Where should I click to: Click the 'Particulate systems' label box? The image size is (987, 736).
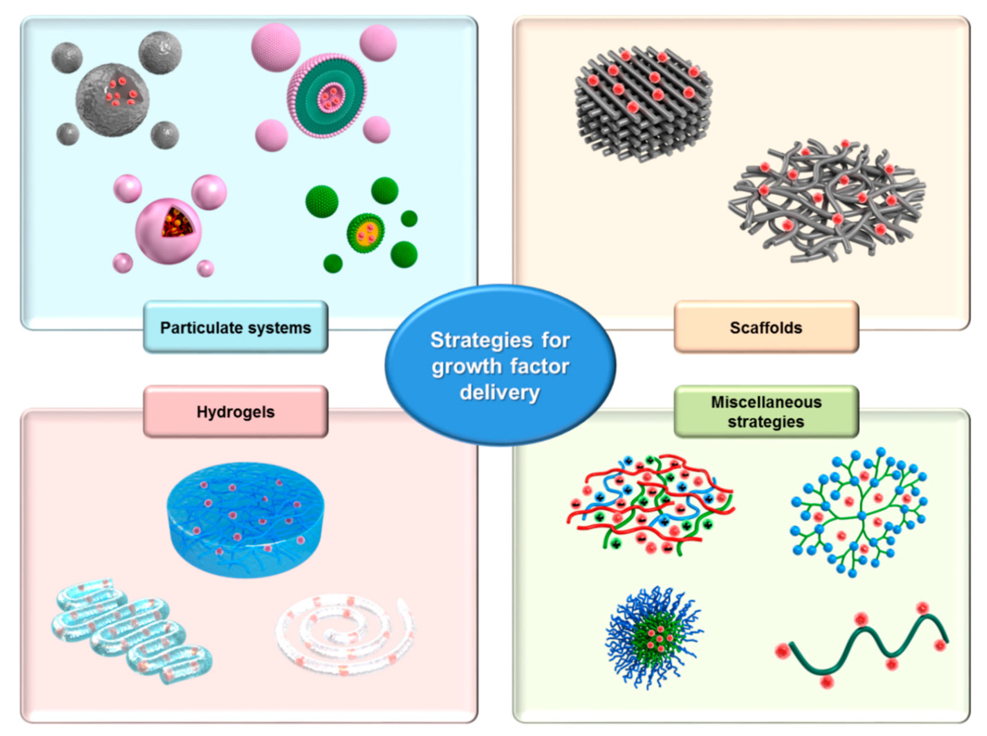(x=235, y=327)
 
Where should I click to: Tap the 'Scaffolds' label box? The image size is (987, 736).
(x=766, y=327)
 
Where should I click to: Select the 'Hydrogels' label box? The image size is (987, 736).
(x=235, y=412)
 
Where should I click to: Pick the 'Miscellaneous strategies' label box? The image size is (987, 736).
(x=766, y=412)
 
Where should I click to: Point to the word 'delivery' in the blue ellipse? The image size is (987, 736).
(x=499, y=393)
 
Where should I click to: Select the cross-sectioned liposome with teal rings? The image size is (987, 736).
(x=327, y=95)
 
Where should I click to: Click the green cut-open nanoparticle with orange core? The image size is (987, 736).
(x=366, y=233)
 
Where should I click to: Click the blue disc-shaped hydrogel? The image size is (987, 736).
(x=245, y=519)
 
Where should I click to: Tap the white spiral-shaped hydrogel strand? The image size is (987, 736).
(x=345, y=633)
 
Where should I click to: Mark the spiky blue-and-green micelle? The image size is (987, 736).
(x=653, y=637)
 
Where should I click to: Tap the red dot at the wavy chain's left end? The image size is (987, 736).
(x=782, y=651)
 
